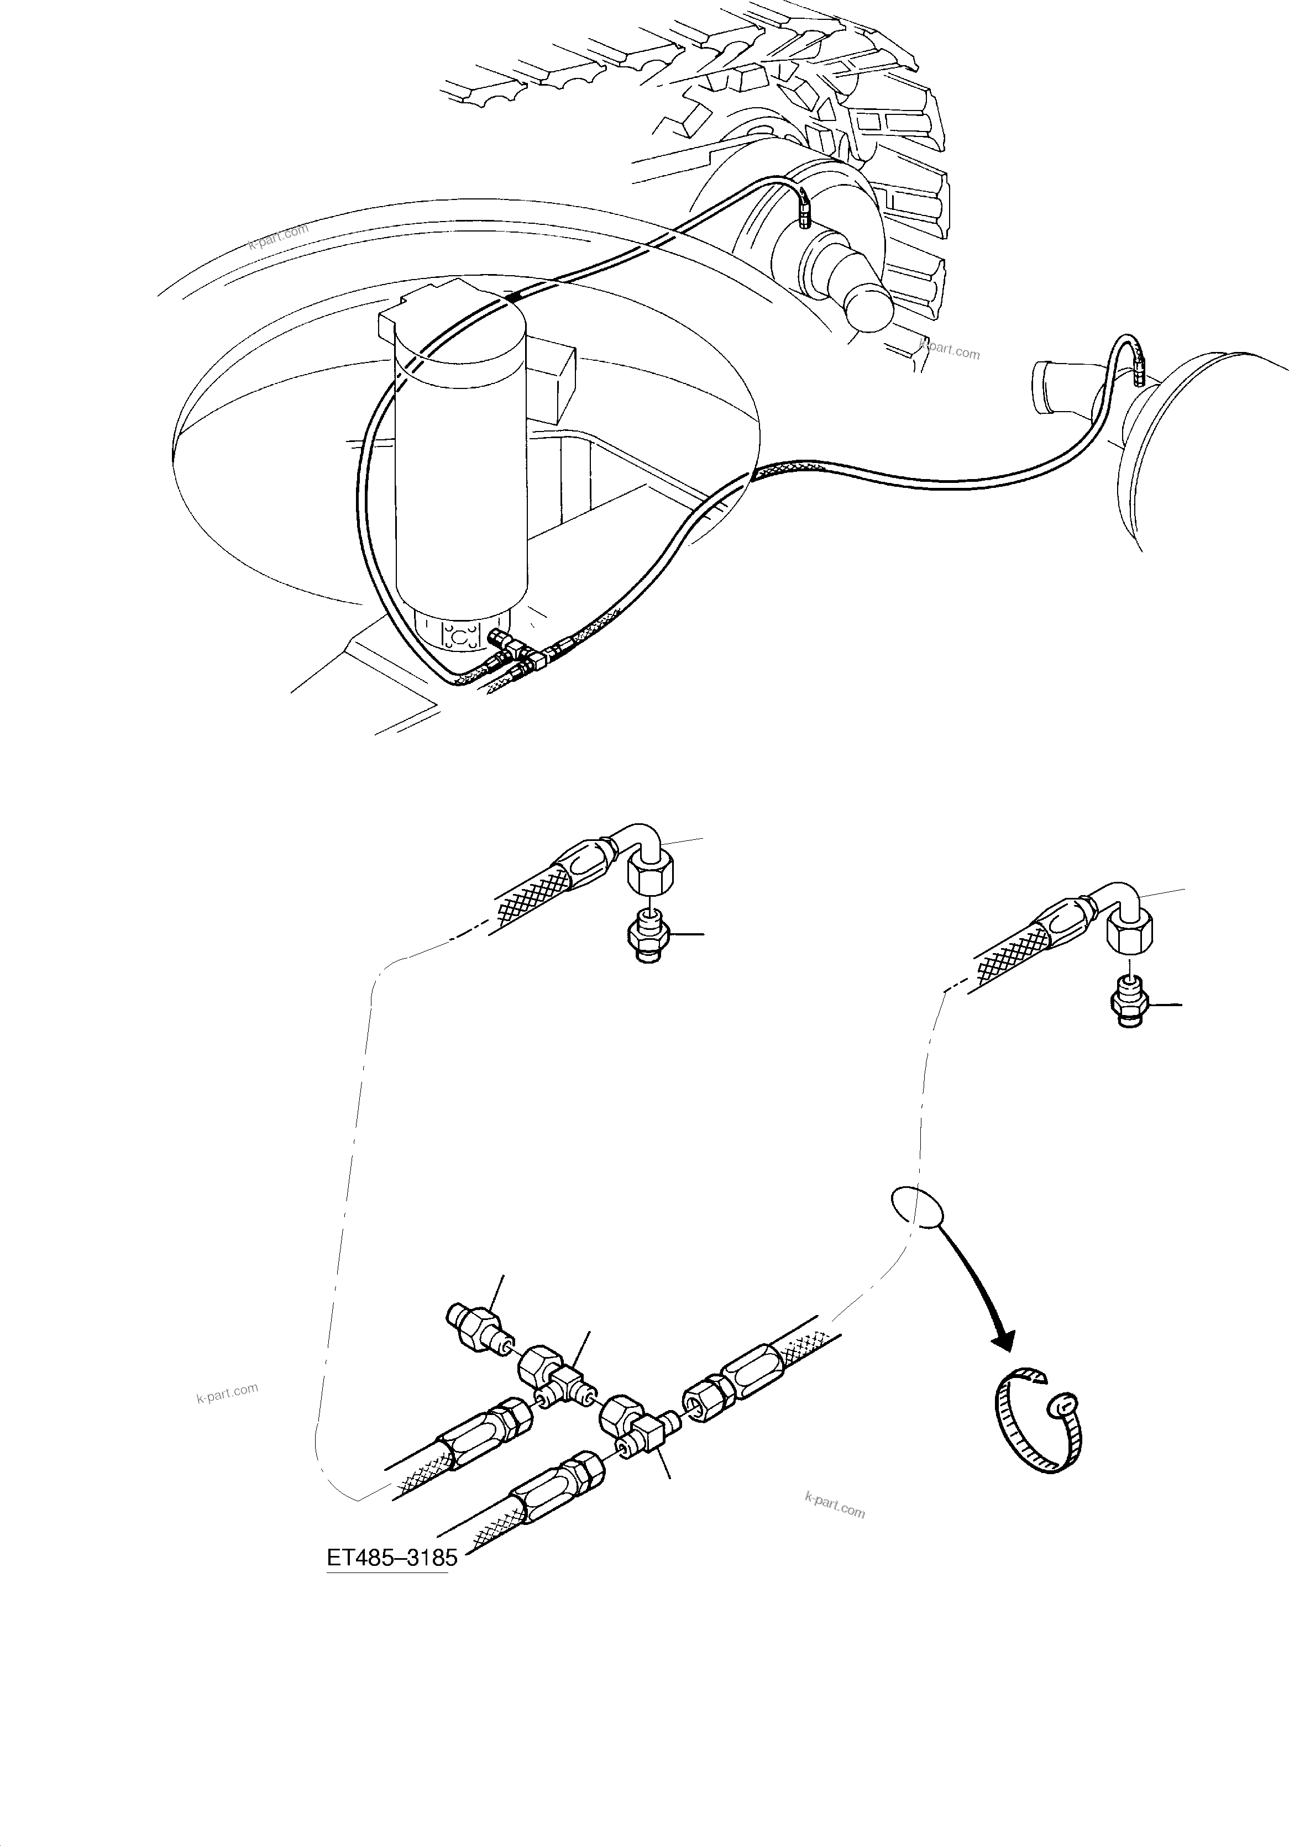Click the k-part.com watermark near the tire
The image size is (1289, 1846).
tap(950, 351)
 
